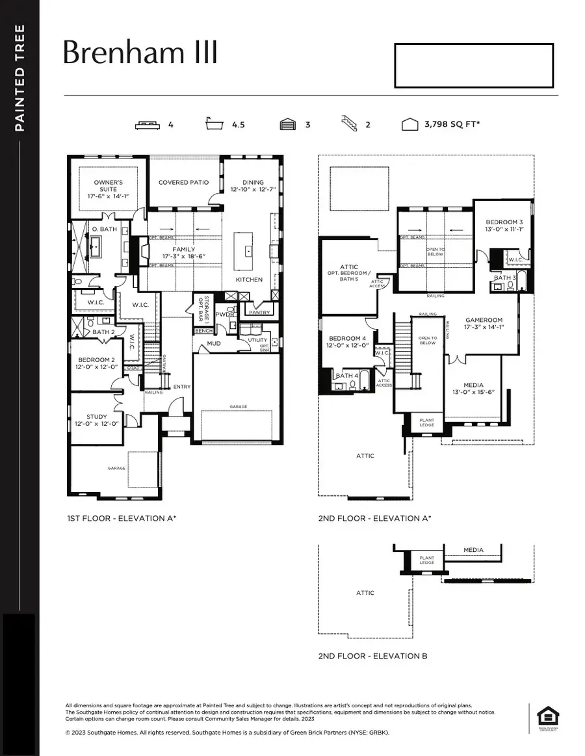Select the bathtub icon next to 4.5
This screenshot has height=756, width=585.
tap(218, 124)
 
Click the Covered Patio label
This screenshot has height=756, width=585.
tap(184, 183)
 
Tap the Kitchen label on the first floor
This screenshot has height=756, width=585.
tap(249, 280)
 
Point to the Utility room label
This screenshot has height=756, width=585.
tap(257, 340)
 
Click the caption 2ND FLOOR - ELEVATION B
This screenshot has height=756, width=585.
tap(372, 656)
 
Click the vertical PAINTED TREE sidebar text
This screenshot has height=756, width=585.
tap(19, 78)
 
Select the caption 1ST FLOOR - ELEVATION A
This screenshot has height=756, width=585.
tap(122, 518)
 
